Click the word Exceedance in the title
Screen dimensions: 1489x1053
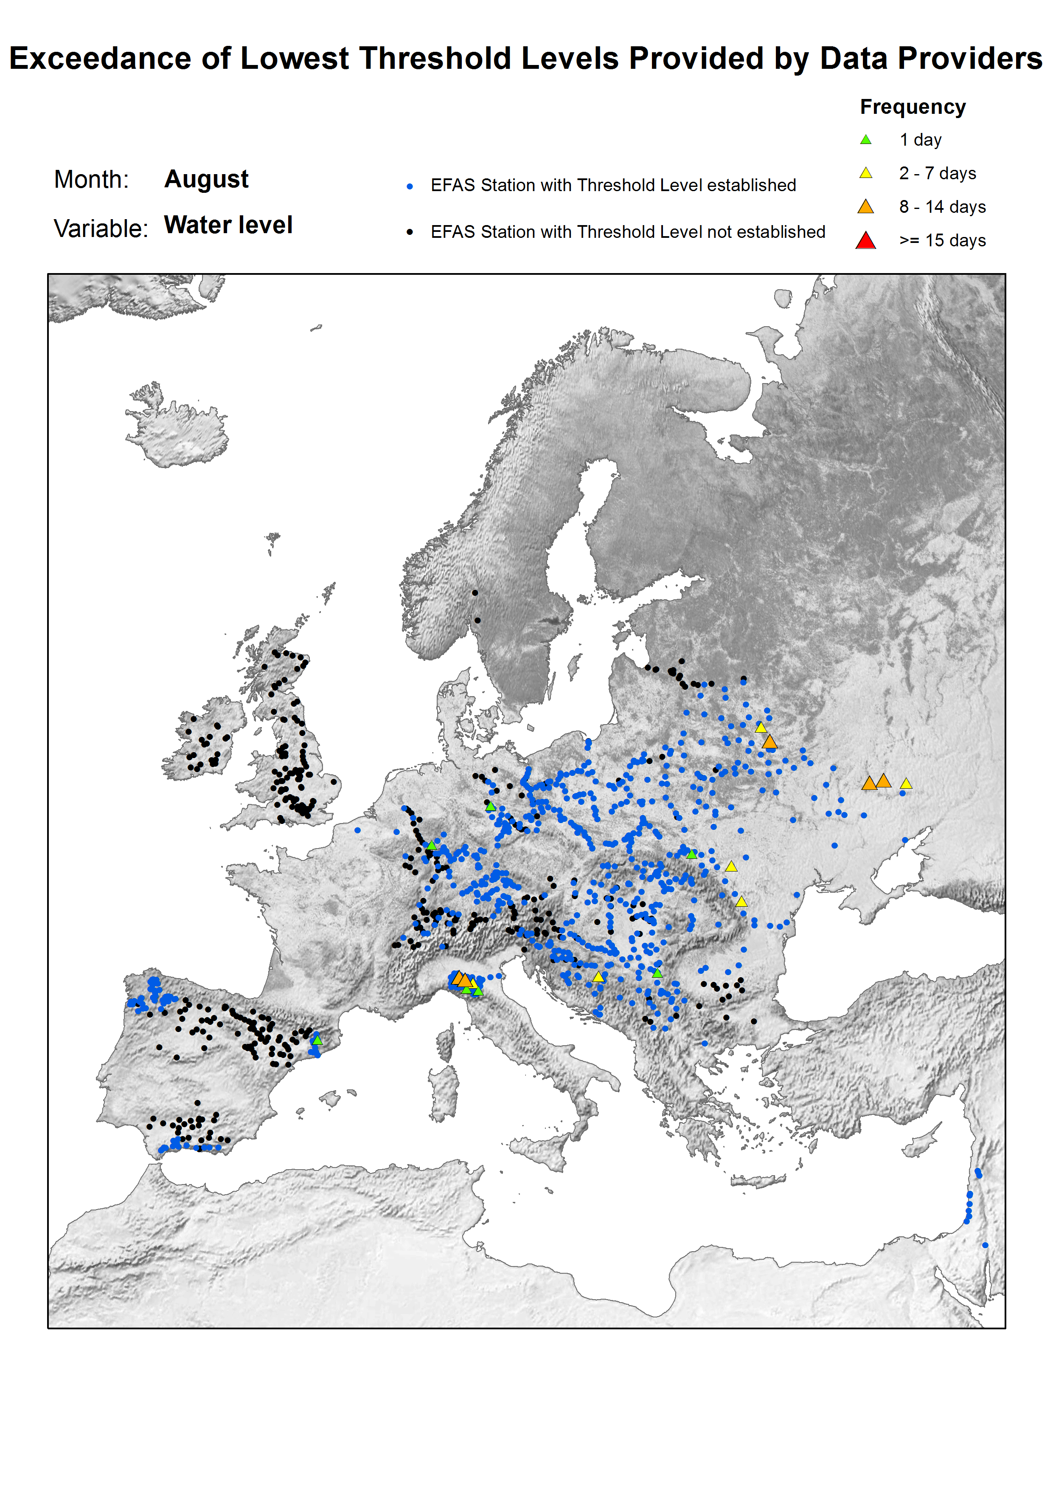point(101,58)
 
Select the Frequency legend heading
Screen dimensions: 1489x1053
point(912,107)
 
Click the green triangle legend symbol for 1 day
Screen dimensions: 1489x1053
point(865,139)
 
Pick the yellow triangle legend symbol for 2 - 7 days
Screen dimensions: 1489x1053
point(865,173)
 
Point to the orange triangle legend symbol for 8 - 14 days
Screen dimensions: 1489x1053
point(865,207)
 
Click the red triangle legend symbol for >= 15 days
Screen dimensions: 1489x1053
point(865,241)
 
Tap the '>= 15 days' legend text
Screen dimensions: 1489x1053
point(942,241)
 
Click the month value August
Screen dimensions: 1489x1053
point(206,179)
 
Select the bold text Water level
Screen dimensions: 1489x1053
point(228,225)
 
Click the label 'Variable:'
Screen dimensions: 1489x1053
point(101,228)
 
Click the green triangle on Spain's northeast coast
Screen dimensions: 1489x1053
point(317,1039)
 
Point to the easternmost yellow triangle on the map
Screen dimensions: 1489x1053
point(906,784)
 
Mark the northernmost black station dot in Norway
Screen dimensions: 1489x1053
point(475,592)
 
